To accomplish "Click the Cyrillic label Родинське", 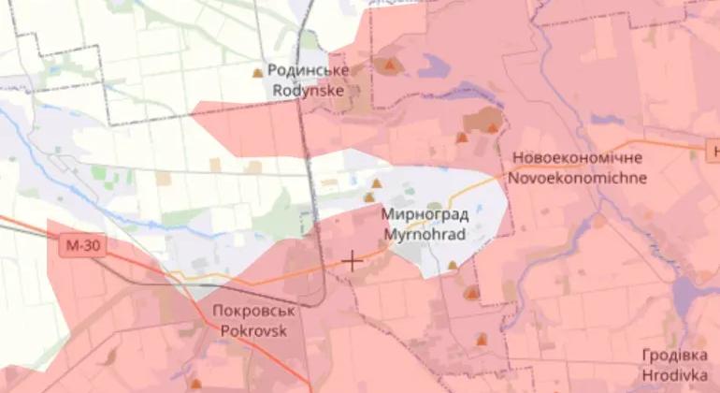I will click(308, 71).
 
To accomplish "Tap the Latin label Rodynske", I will click(308, 91).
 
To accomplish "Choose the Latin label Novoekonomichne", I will click(577, 177).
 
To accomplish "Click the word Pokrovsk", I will click(249, 329).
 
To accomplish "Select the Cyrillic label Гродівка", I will click(674, 356).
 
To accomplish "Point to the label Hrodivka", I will click(674, 374).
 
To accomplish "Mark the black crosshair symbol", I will click(352, 261).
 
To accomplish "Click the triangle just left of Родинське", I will click(258, 72).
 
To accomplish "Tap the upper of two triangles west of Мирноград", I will click(376, 183).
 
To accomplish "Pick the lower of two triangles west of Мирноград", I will click(368, 197).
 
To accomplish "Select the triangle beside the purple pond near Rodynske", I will click(390, 65).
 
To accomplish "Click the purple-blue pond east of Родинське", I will click(433, 65).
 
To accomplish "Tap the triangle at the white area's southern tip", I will click(453, 265).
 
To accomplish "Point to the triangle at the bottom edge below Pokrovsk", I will click(195, 383).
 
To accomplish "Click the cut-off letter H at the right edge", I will click(714, 151).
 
